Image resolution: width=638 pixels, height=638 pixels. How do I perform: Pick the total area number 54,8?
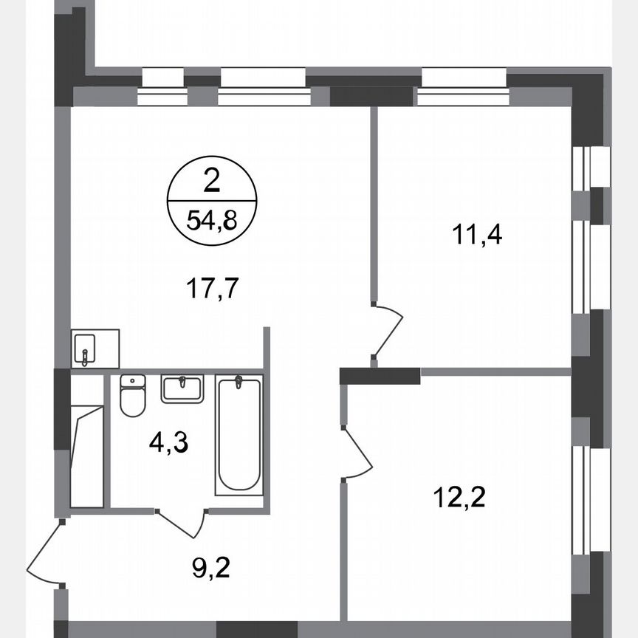point(212,220)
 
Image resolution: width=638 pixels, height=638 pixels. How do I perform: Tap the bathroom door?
point(181,523)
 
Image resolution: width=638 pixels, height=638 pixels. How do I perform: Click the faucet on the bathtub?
point(239,383)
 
